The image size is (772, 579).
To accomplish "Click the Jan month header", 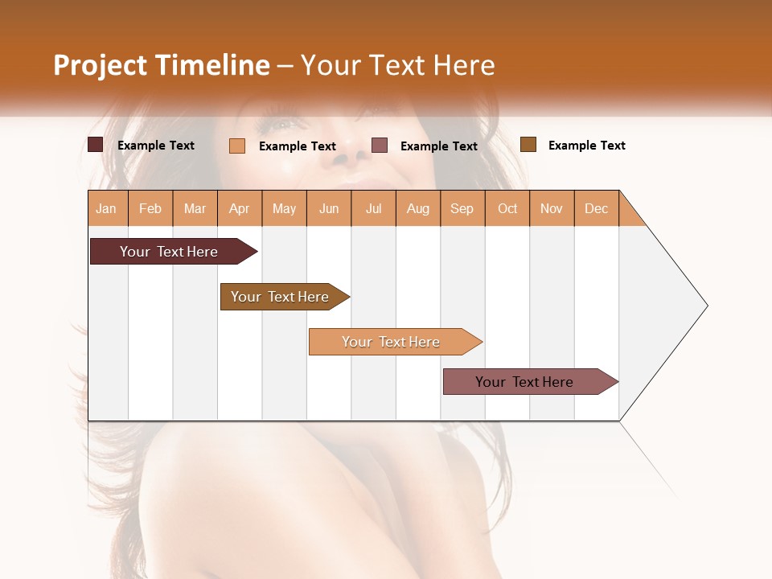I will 107,208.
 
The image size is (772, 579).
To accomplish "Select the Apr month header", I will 240,208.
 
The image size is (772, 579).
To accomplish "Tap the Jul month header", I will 374,208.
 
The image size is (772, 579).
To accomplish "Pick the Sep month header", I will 462,208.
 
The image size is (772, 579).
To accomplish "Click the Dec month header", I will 596,208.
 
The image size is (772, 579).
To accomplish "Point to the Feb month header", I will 150,208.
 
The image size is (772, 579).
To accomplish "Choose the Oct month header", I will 507,208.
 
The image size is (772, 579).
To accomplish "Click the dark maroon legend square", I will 96,145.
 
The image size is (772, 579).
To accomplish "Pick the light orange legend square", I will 237,146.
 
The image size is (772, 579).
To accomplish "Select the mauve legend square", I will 380,145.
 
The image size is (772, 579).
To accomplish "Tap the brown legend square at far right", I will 528,144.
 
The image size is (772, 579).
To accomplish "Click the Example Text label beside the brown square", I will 586,145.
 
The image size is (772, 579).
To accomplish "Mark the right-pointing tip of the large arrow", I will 706,306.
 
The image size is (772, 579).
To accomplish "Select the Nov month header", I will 552,208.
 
